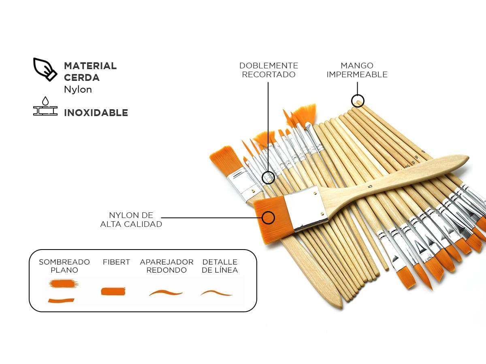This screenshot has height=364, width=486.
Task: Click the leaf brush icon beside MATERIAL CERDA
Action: pyautogui.click(x=45, y=70)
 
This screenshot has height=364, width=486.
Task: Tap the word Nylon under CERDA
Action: pyautogui.click(x=78, y=90)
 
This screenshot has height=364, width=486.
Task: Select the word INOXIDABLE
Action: pyautogui.click(x=96, y=113)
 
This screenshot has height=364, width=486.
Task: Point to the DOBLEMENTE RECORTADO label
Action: pyautogui.click(x=269, y=70)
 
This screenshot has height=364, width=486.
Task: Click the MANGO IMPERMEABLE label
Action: pyautogui.click(x=357, y=70)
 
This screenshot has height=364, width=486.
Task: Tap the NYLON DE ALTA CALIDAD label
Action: pyautogui.click(x=131, y=220)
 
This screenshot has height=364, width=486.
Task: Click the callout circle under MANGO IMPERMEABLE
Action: pyautogui.click(x=358, y=101)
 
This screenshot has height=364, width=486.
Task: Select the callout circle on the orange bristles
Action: pyautogui.click(x=268, y=218)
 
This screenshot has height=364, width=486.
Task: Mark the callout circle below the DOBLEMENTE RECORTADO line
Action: pyautogui.click(x=268, y=178)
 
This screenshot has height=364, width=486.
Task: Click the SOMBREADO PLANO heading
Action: pyautogui.click(x=64, y=266)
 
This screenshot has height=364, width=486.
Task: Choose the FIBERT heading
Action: pyautogui.click(x=116, y=262)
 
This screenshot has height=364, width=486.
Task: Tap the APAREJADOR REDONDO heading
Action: pyautogui.click(x=166, y=266)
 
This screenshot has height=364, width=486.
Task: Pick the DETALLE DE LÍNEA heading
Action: pyautogui.click(x=220, y=266)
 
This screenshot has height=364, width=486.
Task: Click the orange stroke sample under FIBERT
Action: pyautogui.click(x=113, y=291)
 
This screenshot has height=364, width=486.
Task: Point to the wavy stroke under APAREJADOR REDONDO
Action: pyautogui.click(x=166, y=292)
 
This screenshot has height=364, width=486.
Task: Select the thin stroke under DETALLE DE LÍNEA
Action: pyautogui.click(x=216, y=293)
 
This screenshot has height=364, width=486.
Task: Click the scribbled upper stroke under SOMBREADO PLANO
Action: pyautogui.click(x=64, y=284)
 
